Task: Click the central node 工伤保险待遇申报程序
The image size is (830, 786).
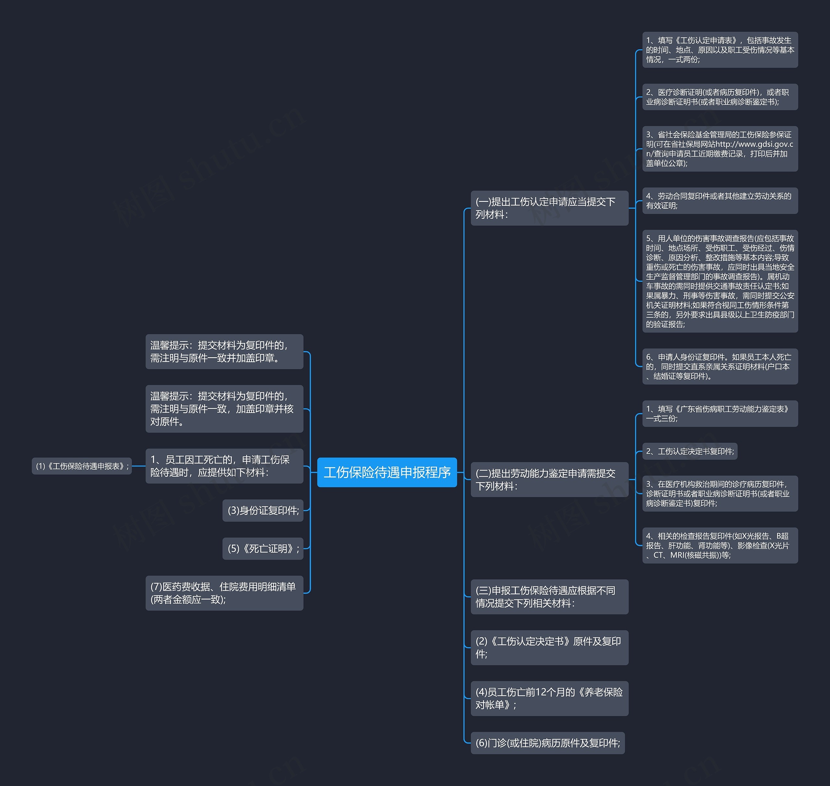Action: click(386, 472)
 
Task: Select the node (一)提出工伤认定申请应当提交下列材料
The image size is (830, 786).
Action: click(549, 208)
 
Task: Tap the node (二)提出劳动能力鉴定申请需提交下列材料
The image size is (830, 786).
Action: click(549, 480)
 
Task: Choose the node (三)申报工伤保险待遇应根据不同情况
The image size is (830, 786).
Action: click(549, 597)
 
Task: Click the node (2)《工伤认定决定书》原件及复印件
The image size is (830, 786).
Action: click(549, 647)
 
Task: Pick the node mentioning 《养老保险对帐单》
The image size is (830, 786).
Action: click(549, 698)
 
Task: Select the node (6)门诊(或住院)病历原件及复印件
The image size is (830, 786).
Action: click(548, 743)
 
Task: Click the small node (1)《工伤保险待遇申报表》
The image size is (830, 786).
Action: click(82, 466)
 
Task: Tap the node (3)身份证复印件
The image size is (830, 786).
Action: click(263, 510)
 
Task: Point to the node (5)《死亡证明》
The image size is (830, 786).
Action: click(263, 548)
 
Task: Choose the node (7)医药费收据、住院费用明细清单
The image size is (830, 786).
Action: click(224, 593)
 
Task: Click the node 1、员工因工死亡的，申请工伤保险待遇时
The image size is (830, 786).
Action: click(224, 466)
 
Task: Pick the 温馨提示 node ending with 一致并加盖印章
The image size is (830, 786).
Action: click(224, 352)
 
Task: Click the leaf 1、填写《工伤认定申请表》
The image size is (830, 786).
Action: click(720, 50)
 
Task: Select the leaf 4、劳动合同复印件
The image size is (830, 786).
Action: click(720, 201)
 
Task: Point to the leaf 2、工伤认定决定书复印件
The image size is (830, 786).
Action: click(690, 451)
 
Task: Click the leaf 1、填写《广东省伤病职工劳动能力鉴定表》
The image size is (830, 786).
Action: click(720, 414)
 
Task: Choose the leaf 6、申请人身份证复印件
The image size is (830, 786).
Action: click(720, 366)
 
